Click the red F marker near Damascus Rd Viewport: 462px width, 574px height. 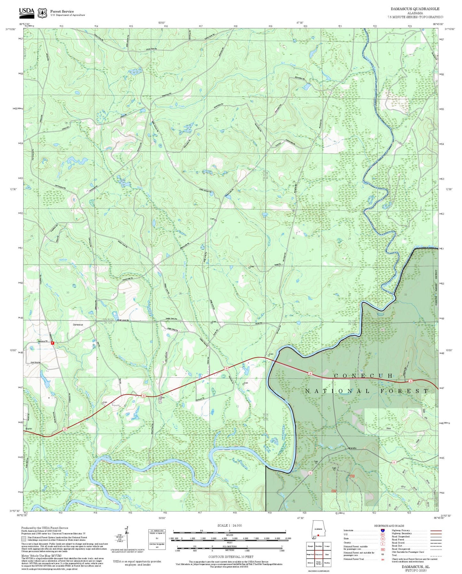tap(53, 343)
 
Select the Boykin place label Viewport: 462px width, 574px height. tap(28, 429)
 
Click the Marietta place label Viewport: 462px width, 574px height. tap(352, 448)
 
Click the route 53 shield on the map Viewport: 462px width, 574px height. tap(310, 473)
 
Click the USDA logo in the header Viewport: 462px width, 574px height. tap(27, 12)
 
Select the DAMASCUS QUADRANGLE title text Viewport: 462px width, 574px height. tap(415, 9)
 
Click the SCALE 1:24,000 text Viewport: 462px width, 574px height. tap(229, 525)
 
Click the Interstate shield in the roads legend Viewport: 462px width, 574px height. tap(382, 530)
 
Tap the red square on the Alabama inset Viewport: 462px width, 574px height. tap(318, 535)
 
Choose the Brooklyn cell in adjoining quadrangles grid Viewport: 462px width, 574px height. tap(318, 546)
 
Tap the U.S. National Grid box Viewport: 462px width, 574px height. tap(157, 539)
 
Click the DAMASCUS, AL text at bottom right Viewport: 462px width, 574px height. tap(416, 566)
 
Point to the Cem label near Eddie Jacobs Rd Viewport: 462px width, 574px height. tap(212, 219)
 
